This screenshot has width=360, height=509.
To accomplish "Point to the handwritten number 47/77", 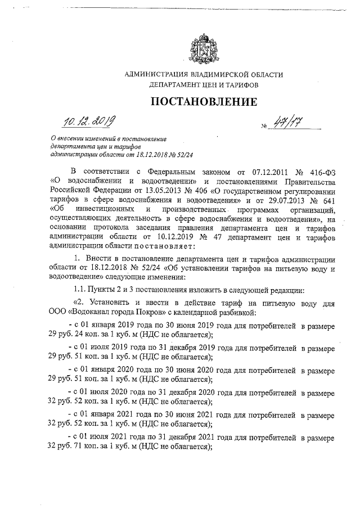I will [281, 123].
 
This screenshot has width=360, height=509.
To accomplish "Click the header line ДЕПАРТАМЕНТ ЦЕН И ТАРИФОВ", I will [204, 86].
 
